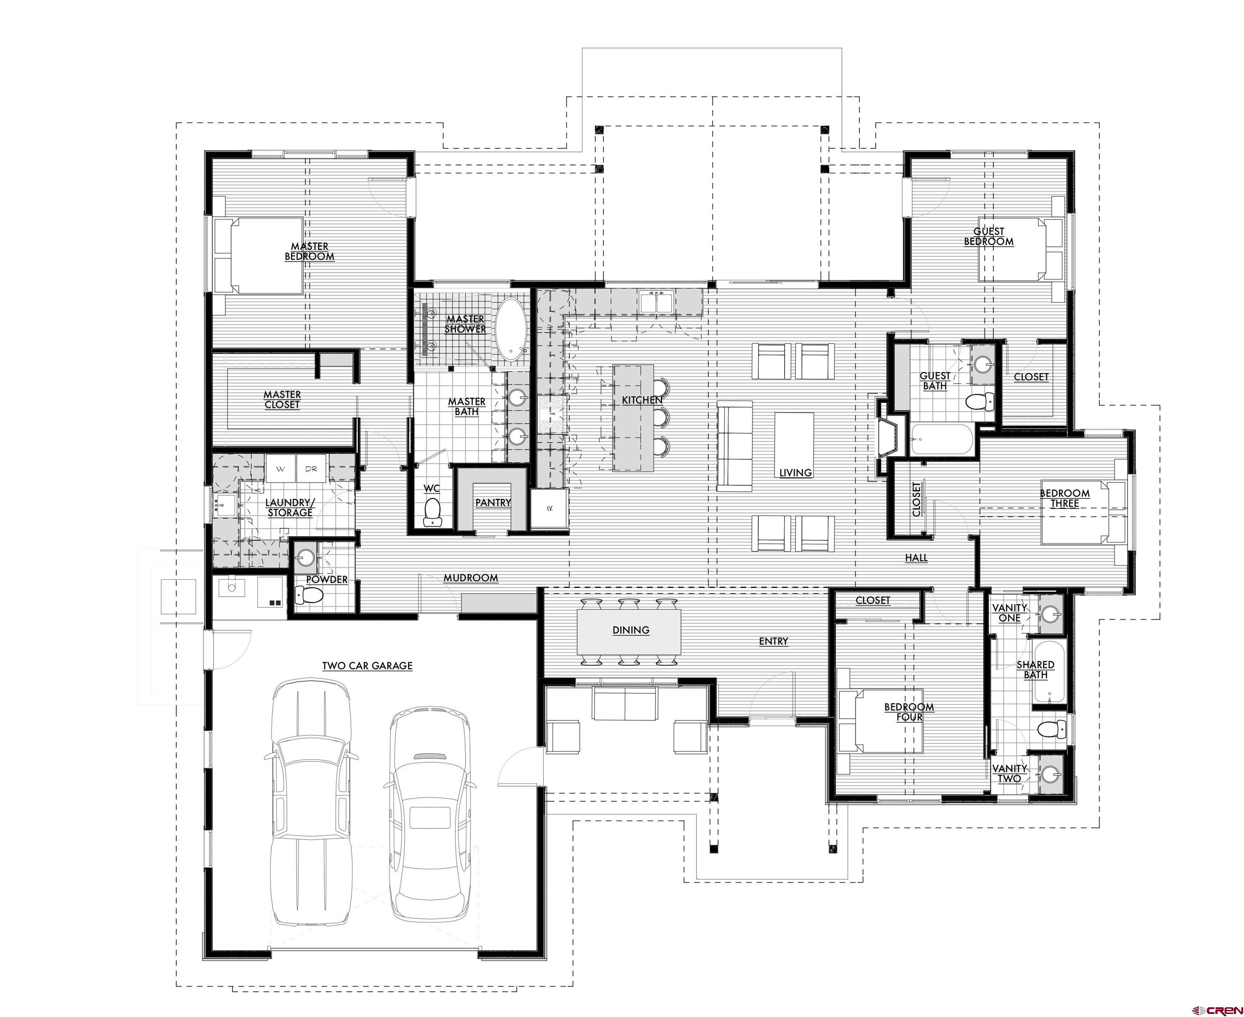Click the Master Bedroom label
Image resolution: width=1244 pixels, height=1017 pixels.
coord(310,251)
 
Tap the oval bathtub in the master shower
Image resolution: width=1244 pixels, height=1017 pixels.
coord(512,330)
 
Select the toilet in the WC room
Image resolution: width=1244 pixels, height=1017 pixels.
coord(432,512)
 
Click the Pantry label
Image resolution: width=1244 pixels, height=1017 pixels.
coord(493,503)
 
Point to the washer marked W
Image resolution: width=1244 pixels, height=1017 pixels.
coord(281,469)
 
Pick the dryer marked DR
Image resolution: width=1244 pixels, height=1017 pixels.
coord(311,469)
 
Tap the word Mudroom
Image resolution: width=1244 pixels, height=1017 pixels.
coord(471,578)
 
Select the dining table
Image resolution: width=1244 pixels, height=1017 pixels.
coord(630,633)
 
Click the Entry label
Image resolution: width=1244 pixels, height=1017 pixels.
coord(774,641)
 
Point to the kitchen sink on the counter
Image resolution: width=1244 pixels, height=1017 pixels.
coord(656,302)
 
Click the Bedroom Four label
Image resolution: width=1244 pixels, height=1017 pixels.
coord(909,712)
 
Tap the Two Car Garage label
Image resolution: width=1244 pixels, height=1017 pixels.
coord(367,666)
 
